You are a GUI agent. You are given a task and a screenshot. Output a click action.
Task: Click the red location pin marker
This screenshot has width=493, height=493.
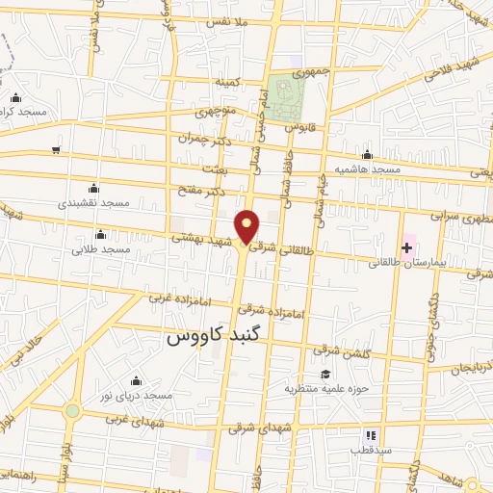point(247,226)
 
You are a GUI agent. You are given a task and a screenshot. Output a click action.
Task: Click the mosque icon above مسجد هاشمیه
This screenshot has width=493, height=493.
point(366,155)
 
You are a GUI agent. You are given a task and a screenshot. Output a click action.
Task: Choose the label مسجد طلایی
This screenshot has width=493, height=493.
point(100,249)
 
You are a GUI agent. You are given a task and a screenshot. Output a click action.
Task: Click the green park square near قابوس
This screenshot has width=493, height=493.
point(286,97)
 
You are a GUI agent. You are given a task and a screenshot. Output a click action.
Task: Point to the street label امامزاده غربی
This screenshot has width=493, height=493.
point(177,298)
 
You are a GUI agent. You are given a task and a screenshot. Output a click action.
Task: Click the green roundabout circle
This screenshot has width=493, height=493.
point(71,411)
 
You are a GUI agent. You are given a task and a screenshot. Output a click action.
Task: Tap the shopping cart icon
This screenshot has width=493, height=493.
point(56,149)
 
